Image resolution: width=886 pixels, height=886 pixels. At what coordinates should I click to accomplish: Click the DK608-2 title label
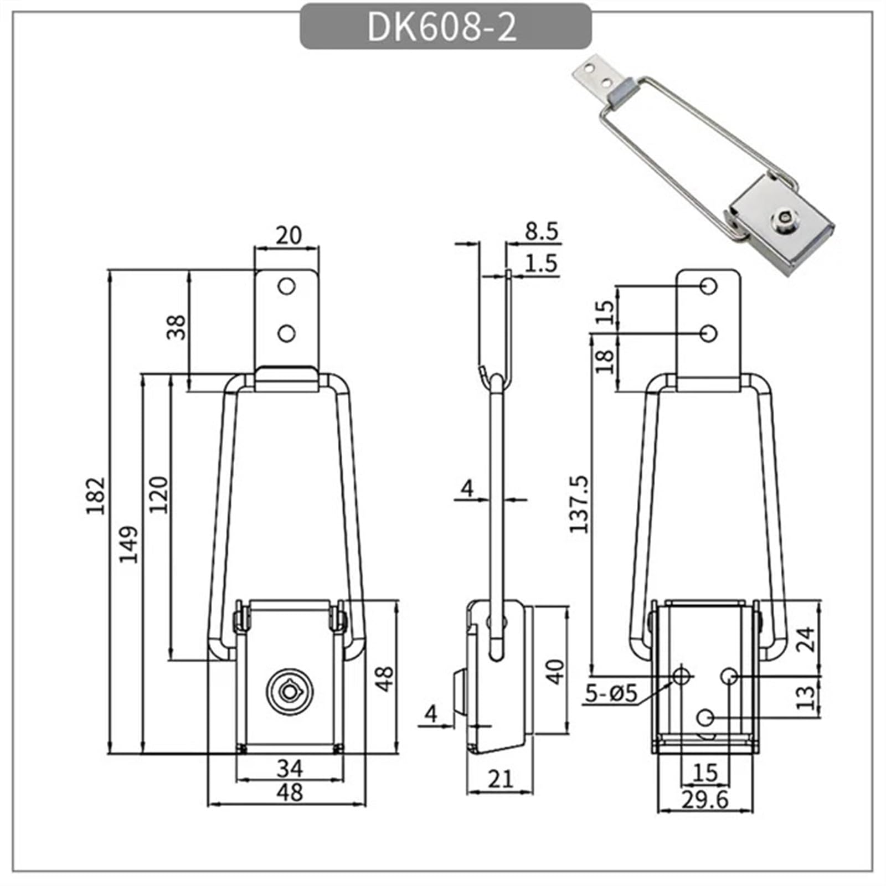pyautogui.click(x=442, y=27)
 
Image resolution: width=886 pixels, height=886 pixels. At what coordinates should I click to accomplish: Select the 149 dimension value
pyautogui.click(x=129, y=544)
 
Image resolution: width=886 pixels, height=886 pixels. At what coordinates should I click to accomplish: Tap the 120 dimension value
pyautogui.click(x=159, y=494)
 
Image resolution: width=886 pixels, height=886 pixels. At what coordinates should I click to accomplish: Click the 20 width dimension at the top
pyautogui.click(x=289, y=236)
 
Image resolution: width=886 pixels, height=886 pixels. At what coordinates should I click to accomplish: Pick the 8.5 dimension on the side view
pyautogui.click(x=541, y=231)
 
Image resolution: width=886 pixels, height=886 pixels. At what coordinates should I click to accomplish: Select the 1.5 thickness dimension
pyautogui.click(x=541, y=264)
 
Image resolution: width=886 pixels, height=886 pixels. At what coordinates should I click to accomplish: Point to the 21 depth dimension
pyautogui.click(x=501, y=780)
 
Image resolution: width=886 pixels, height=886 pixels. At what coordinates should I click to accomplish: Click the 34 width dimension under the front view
pyautogui.click(x=290, y=768)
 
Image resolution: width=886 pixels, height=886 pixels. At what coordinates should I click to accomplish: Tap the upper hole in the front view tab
pyautogui.click(x=286, y=286)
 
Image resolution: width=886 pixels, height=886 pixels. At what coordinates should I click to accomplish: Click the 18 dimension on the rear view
pyautogui.click(x=606, y=361)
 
